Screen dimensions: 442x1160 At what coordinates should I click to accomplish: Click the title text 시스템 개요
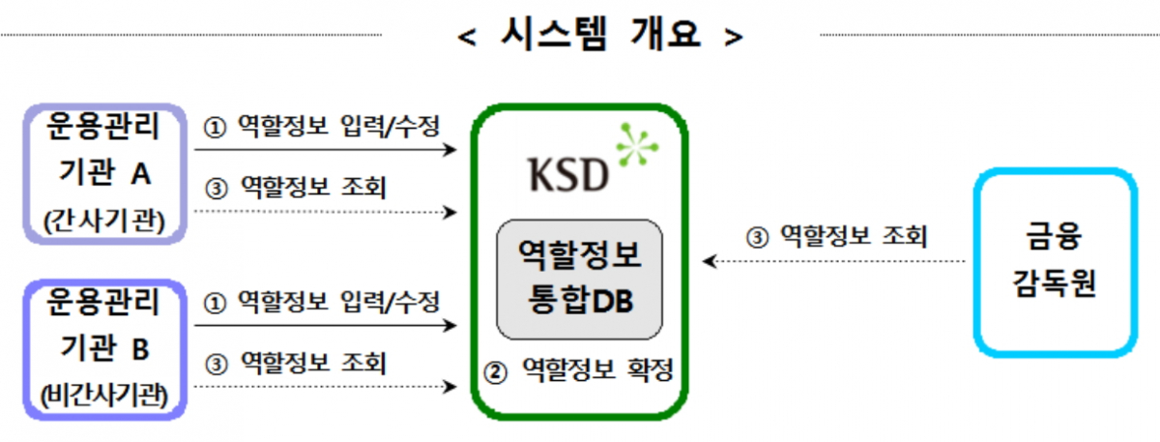(599, 36)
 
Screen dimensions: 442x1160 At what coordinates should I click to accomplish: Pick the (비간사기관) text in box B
(103, 396)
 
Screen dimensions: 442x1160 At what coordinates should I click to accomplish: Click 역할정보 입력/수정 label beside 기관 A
(323, 126)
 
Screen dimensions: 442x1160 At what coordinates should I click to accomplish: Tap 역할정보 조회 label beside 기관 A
(299, 186)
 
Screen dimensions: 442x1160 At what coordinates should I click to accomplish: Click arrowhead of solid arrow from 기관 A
(449, 150)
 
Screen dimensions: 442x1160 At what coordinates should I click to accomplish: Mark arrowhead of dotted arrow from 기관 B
(449, 388)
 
